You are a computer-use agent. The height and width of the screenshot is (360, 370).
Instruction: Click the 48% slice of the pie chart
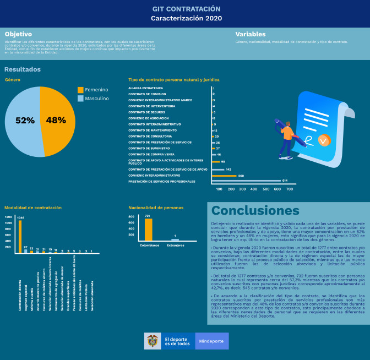pos(58,121)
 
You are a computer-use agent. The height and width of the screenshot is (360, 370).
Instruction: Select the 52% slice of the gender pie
pos(23,121)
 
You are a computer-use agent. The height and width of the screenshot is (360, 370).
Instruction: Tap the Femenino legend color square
pos(80,90)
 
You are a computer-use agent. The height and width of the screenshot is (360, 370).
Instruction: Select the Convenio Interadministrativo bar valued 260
pos(224,176)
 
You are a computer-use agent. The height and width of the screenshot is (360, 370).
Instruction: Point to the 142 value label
pos(228,170)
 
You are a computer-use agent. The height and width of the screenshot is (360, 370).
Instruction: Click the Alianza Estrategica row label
pos(146,88)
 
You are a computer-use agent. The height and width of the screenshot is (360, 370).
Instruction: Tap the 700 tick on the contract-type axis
pos(290,189)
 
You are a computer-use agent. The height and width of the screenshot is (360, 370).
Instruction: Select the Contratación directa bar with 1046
pos(20,236)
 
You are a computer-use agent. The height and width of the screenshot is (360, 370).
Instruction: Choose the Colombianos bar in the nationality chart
pos(148,230)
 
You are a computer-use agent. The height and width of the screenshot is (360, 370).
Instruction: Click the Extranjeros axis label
pos(175,244)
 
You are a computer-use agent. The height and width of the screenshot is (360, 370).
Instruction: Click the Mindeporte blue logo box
pos(212,341)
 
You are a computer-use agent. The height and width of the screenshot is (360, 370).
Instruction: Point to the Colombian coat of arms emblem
pos(153,341)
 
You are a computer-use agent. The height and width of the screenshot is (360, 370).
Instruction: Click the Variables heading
pos(251,34)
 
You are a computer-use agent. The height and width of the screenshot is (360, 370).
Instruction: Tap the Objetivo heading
pos(18,34)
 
